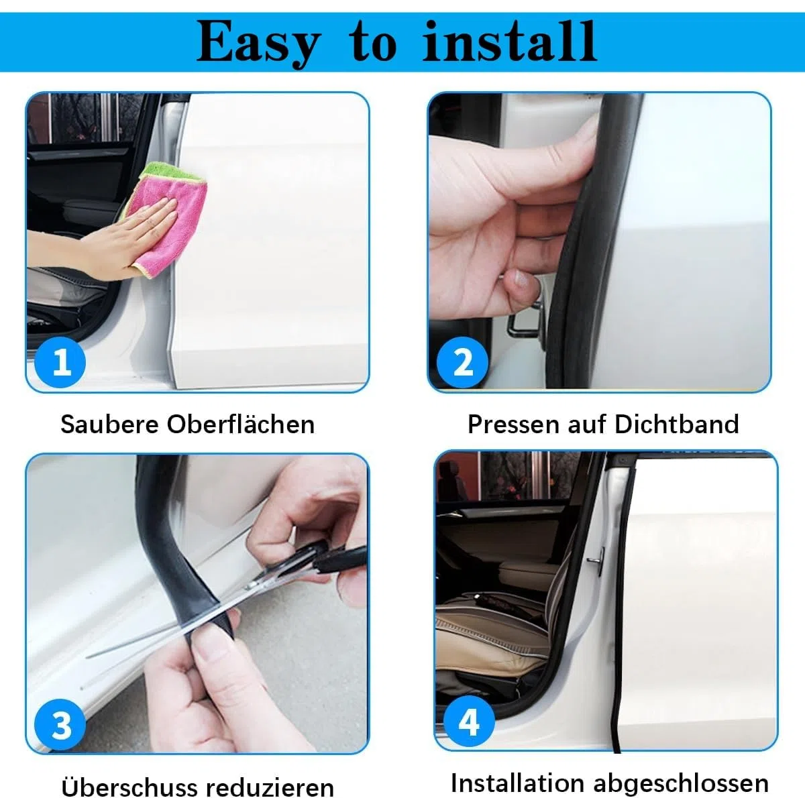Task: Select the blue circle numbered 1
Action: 60,362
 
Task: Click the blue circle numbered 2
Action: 462,362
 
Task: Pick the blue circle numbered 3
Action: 60,725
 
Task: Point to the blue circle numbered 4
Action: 469,722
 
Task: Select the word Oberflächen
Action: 241,424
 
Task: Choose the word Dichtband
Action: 677,424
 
